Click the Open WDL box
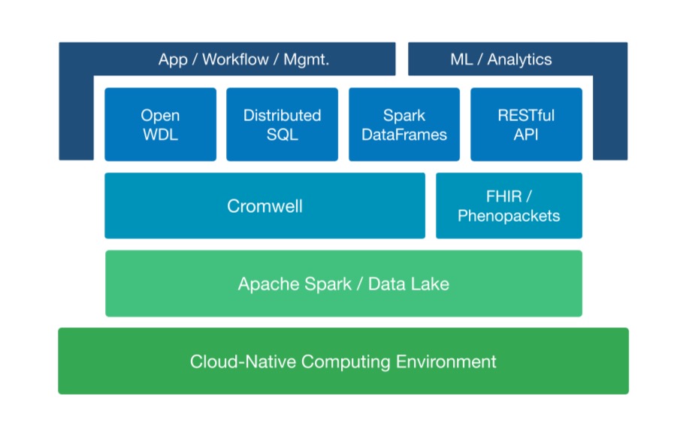click(160, 125)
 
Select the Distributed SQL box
click(283, 125)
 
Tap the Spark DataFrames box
click(404, 125)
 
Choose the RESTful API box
click(526, 125)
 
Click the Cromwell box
click(264, 206)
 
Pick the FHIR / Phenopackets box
click(509, 206)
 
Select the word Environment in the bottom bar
click(446, 362)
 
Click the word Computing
click(346, 363)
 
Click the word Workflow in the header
click(235, 59)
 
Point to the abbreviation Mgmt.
click(307, 59)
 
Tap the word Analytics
click(519, 59)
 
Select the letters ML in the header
click(461, 59)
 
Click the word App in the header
click(173, 60)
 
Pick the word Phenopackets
click(509, 217)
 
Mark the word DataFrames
click(404, 135)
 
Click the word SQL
click(283, 135)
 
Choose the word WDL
click(160, 135)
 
